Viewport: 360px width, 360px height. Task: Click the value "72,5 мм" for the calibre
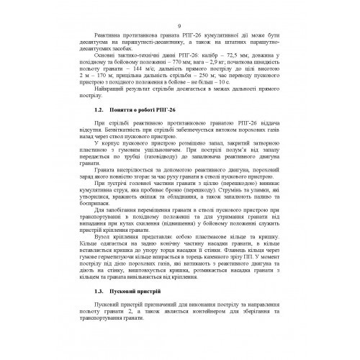pos(238,54)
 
